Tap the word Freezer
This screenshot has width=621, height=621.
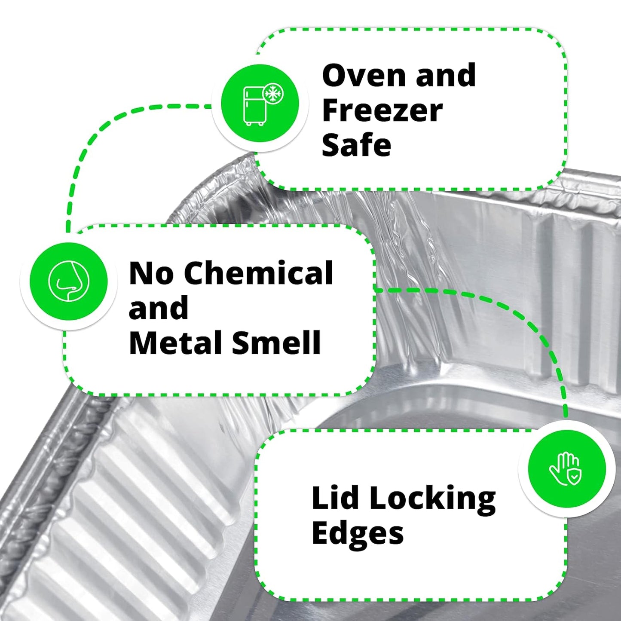(382, 111)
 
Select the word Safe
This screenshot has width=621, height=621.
(356, 145)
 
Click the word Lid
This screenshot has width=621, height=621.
(335, 498)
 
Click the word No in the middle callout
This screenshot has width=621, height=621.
(151, 273)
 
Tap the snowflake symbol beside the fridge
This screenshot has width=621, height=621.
(273, 93)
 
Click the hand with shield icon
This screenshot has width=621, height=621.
(566, 469)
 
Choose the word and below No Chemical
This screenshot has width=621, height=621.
(159, 308)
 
